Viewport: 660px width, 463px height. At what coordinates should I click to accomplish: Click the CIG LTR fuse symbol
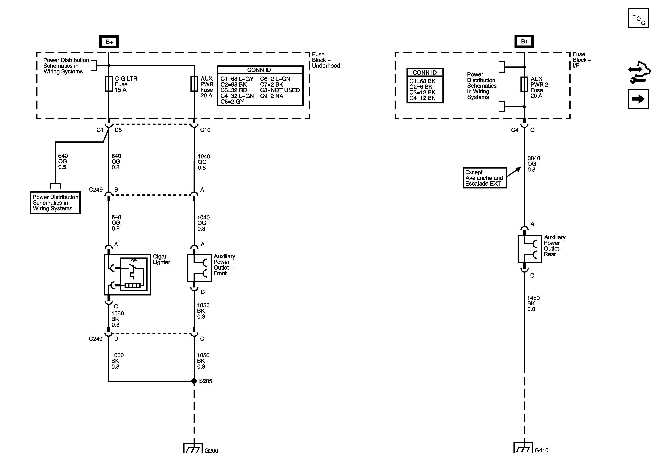(109, 84)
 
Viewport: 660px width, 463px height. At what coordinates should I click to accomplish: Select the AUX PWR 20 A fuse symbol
(194, 84)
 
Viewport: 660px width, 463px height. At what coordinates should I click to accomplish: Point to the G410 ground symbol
(523, 448)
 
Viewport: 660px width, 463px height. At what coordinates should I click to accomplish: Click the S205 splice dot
(194, 381)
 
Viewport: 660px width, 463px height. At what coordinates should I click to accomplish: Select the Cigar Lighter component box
(127, 275)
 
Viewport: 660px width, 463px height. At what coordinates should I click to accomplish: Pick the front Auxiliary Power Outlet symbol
(199, 268)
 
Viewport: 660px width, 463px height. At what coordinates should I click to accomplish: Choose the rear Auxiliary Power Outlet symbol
(529, 249)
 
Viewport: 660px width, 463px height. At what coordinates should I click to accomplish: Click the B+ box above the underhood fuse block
(109, 42)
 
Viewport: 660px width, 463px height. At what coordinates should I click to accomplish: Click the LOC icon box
(638, 18)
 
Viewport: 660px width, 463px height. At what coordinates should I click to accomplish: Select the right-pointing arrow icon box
(638, 99)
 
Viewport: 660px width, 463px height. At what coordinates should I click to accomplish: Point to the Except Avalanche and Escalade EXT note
(485, 178)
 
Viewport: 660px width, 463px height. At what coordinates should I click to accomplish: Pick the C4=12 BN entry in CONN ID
(422, 98)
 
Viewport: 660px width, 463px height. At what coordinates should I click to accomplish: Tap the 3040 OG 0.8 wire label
(534, 164)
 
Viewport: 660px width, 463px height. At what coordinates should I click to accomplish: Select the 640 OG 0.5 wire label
(63, 161)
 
